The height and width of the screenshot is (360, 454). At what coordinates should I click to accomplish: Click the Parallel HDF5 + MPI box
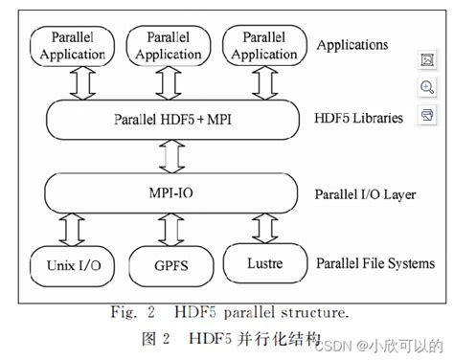169,119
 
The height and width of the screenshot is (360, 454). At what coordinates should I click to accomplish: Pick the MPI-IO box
169,194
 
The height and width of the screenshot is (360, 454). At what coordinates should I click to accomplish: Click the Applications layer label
353,45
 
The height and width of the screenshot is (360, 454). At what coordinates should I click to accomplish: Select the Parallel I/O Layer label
365,194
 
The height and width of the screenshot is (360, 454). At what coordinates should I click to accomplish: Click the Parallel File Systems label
372,261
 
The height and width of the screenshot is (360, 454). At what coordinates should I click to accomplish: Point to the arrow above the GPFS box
169,229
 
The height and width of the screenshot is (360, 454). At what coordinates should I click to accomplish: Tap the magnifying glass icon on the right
427,87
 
